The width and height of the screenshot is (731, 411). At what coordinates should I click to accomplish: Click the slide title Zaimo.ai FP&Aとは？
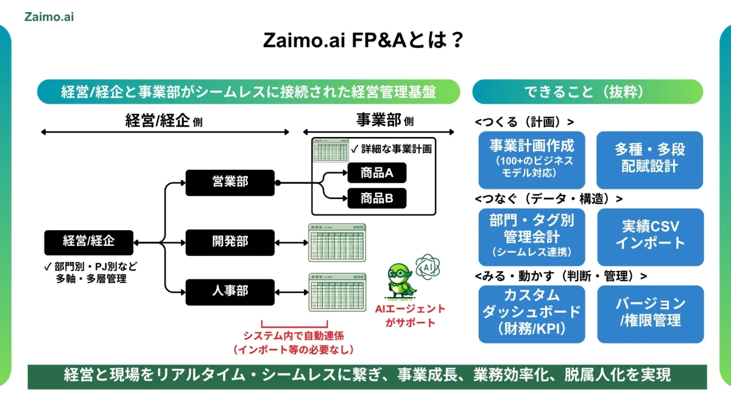(365, 41)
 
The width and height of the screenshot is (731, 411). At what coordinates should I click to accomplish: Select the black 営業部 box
(230, 183)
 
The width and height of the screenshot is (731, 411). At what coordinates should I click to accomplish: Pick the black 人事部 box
(230, 291)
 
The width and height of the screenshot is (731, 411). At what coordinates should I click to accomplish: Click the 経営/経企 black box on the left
(88, 242)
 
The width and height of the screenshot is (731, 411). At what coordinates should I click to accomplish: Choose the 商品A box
(376, 173)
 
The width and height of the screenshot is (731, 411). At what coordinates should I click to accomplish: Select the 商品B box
(376, 198)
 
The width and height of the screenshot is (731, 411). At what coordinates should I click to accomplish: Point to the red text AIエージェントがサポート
(411, 316)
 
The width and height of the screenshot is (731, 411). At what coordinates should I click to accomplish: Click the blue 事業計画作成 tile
(531, 160)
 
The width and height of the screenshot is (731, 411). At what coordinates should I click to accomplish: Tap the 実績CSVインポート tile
(649, 235)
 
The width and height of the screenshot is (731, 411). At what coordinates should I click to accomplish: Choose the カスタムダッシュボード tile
(531, 312)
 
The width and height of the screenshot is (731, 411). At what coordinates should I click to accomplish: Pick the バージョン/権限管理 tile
(649, 312)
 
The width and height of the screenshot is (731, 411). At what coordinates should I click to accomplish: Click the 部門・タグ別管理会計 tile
(531, 235)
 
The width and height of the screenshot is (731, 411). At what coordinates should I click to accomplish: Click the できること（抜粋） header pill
(587, 92)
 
